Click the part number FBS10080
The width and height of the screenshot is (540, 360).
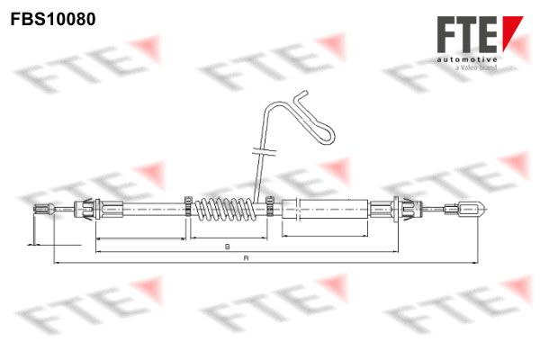[x=53, y=19]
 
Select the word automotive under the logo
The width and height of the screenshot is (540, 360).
[x=467, y=60]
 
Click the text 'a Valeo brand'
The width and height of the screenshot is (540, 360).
[x=475, y=67]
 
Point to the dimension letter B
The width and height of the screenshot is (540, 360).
[x=228, y=247]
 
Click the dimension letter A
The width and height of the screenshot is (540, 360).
[x=246, y=257]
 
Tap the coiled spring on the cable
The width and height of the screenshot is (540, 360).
[x=225, y=209]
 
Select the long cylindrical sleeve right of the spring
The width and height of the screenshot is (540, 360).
[x=325, y=209]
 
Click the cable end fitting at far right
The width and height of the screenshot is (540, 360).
[x=465, y=209]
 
